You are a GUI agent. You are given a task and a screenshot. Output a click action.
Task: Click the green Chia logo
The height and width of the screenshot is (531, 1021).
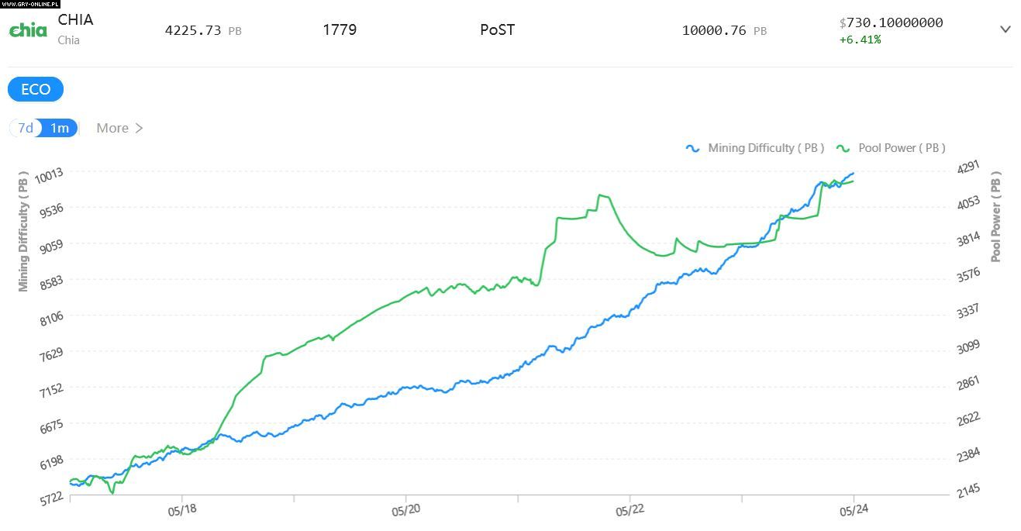point(28,30)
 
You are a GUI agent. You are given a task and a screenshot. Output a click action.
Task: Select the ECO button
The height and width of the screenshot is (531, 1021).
point(36,89)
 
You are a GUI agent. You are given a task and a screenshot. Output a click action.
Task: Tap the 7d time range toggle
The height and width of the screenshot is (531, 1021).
point(26,128)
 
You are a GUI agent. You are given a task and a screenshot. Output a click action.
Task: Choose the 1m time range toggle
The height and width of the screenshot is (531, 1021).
point(60,128)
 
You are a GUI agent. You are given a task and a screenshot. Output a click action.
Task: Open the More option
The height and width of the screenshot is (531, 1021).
point(119,128)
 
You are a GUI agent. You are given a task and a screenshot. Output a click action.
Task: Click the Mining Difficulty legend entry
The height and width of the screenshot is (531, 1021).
point(755,148)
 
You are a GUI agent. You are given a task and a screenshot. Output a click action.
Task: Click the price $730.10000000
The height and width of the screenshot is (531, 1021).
point(891,22)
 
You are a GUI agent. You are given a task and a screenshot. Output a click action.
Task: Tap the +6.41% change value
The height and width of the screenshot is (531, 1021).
point(860,40)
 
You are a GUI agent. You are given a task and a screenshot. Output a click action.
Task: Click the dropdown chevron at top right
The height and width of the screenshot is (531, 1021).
point(1005,29)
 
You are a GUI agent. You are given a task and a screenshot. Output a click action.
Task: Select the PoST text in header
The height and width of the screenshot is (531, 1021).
point(497,30)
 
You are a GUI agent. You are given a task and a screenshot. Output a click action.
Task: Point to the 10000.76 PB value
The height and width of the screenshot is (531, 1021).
point(724,31)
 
